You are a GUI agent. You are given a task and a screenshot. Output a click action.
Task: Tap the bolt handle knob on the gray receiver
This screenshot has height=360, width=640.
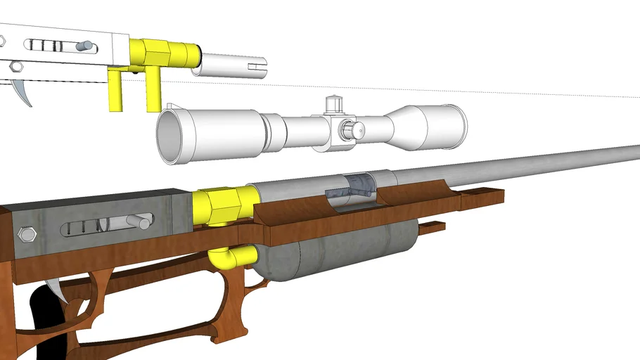[x=143, y=224]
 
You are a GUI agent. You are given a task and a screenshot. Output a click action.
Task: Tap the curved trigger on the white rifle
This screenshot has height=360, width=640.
[x=25, y=92]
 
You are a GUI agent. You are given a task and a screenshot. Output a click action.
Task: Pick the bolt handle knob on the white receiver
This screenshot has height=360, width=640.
[x=86, y=46]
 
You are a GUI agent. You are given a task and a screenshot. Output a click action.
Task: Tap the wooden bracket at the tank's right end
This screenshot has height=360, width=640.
[x=432, y=227]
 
